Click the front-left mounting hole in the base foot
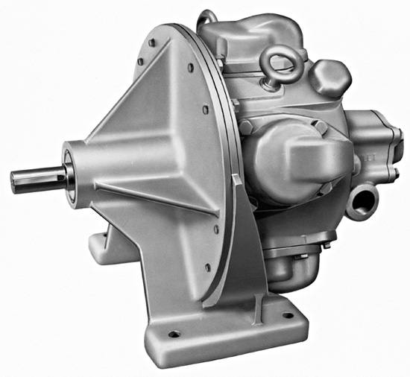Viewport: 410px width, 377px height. point(172,334)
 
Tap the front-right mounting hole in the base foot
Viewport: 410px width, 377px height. point(286,314)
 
